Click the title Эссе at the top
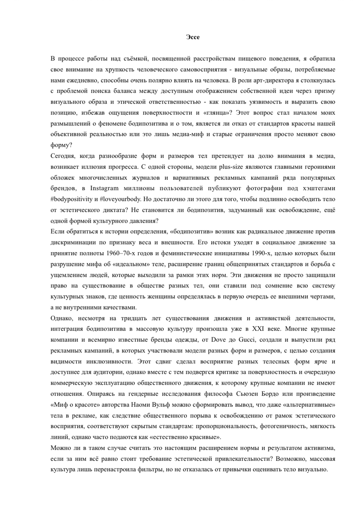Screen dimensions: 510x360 pos(193,37)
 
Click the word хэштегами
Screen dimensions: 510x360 pos(318,188)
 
